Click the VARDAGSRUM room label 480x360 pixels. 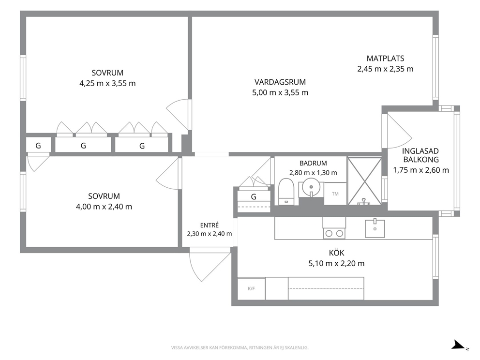coord(280,82)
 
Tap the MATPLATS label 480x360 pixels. coord(386,59)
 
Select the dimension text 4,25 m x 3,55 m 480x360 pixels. coord(107,83)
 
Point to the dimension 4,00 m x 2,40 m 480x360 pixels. coord(104,207)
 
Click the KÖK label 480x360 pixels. coord(336,253)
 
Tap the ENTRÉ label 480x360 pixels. coord(210,225)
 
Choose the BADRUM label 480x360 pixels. coord(313,164)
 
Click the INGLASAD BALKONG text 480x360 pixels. coord(421,155)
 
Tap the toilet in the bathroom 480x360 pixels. coord(286,192)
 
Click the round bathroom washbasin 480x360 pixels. coord(311,187)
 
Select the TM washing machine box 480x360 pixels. coord(335,194)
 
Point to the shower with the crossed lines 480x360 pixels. coord(364,181)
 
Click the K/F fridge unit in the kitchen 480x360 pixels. coord(251,289)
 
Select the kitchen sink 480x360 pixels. coord(375,228)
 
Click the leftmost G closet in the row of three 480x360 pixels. coord(38,146)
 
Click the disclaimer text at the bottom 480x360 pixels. coord(240,347)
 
